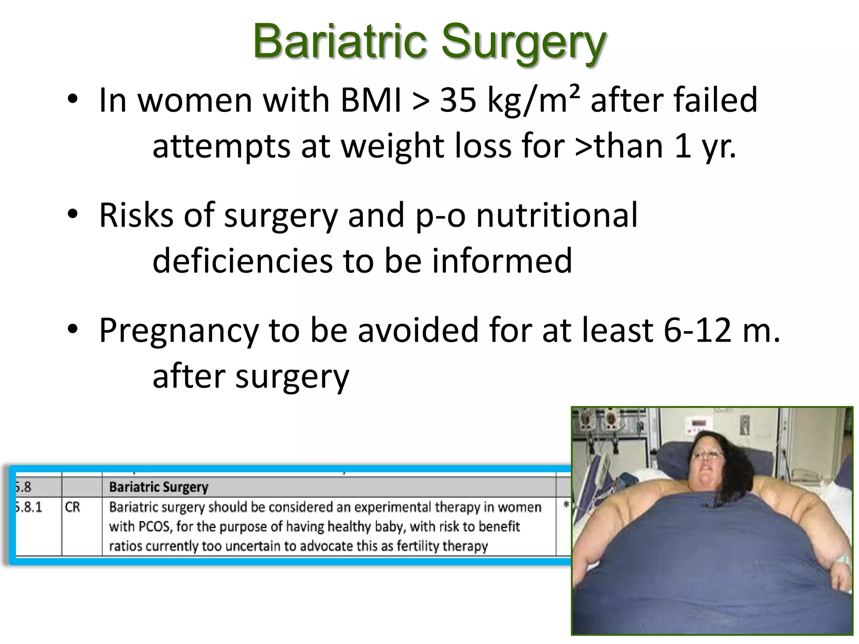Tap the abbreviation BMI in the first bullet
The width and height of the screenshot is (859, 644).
[x=371, y=100]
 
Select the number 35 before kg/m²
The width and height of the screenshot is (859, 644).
[x=458, y=100]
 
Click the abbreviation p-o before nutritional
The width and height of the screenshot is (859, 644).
[x=440, y=216]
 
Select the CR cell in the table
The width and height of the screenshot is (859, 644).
[x=73, y=507]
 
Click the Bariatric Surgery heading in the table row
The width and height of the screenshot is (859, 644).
[x=159, y=487]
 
